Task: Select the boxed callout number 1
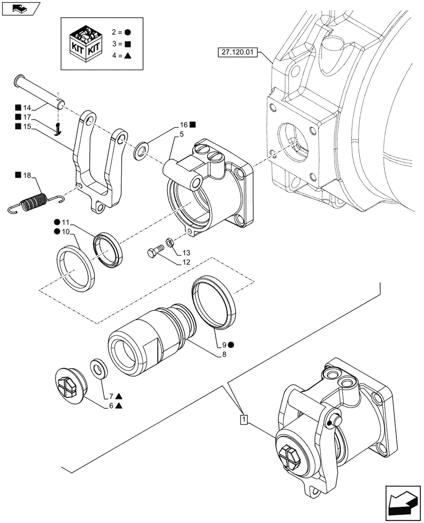tap(243, 418)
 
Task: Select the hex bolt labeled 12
tap(153, 253)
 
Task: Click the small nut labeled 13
tap(170, 242)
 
